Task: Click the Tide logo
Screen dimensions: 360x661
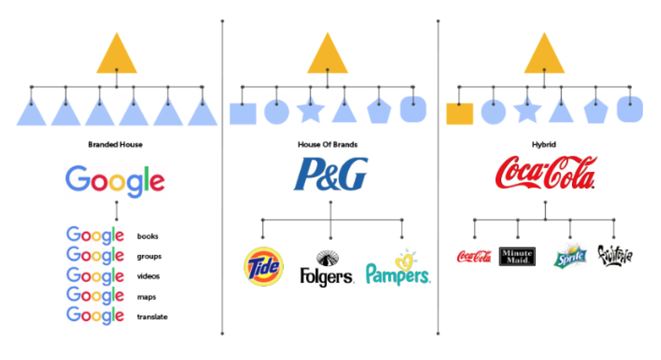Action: pos(264,266)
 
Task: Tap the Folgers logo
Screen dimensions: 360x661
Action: pos(327,269)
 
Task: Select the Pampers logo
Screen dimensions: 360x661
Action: pos(397,269)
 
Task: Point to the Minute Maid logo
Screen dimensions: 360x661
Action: pos(517,256)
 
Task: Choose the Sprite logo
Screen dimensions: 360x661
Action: pos(570,256)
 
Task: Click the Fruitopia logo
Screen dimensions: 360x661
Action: pos(615,255)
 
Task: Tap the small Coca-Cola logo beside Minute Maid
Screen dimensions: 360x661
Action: pos(474,256)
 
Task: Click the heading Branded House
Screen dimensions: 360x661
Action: pos(115,144)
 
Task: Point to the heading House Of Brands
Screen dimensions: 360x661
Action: pos(328,144)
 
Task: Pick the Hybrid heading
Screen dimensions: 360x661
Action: pos(544,144)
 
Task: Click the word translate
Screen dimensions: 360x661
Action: pos(152,317)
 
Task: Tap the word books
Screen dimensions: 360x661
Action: pos(148,236)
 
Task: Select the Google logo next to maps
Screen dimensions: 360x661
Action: pos(95,295)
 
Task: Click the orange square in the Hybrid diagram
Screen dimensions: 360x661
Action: pos(460,114)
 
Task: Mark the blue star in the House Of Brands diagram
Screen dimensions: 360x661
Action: pos(310,111)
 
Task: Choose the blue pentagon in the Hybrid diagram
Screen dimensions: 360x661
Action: pos(596,113)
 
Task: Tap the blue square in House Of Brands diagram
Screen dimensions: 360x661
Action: pos(243,114)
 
